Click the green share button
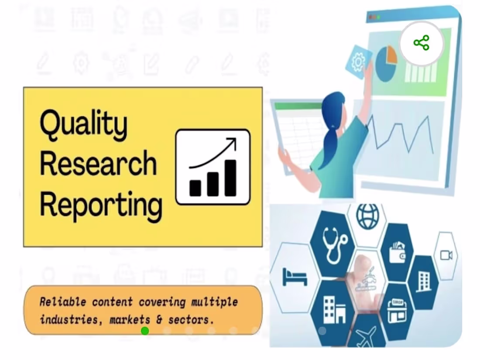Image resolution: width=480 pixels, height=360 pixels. point(422,43)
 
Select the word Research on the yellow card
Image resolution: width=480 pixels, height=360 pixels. point(98,164)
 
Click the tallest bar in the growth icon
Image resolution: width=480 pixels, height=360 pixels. point(230,178)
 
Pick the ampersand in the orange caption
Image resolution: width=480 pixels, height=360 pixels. point(159,319)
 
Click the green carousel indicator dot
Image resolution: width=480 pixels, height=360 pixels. point(145,331)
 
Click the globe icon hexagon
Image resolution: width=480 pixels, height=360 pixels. point(367,216)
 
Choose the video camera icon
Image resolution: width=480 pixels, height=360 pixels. point(446,255)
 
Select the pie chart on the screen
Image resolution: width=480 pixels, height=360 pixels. point(386,63)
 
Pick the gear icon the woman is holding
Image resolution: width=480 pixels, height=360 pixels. point(358,62)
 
